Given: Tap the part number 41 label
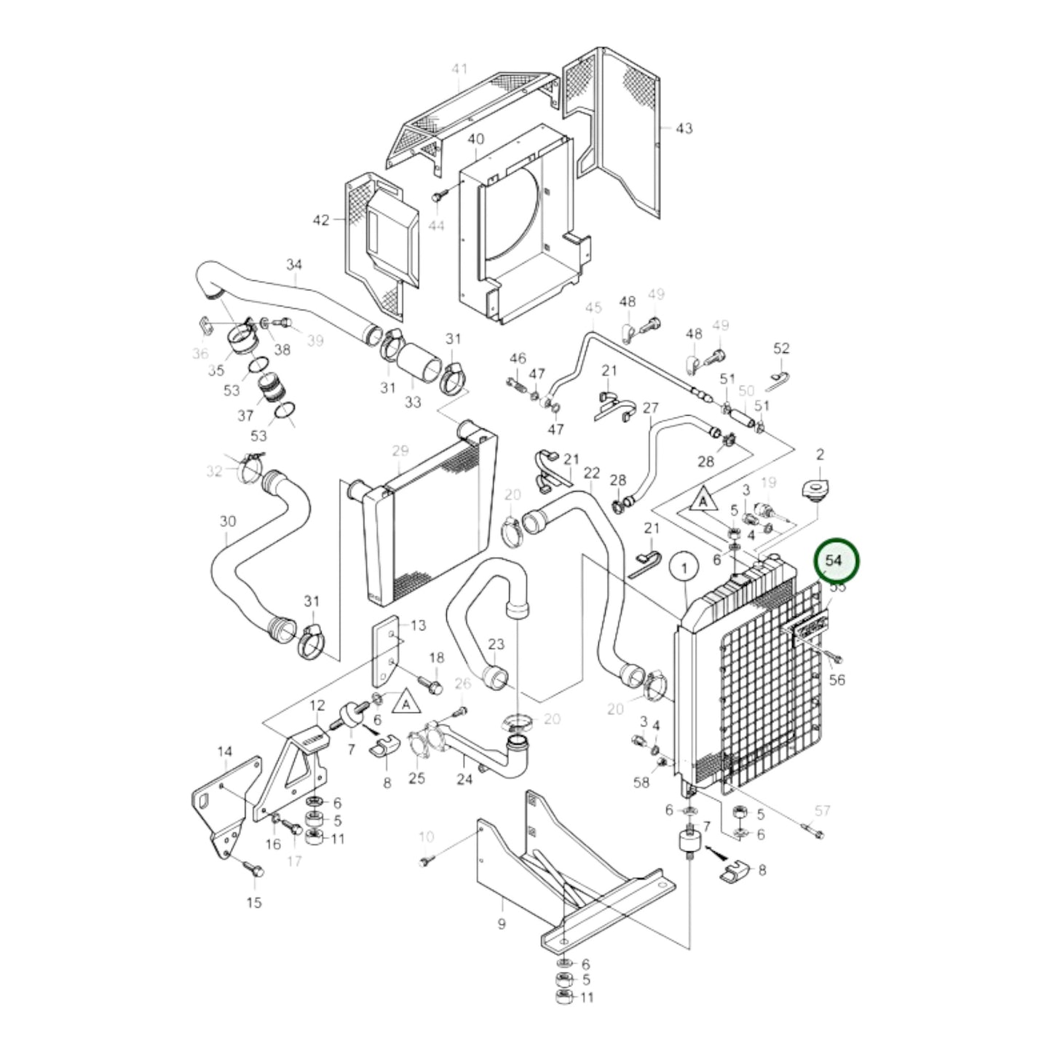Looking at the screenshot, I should pos(459,70).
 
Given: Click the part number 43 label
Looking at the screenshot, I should pos(684,128).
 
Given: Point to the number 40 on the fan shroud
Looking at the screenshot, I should pos(475,139).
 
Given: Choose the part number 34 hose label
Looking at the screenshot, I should pos(293,264).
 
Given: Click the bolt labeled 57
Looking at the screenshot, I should pos(817,834).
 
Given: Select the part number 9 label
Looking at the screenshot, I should pos(502,925).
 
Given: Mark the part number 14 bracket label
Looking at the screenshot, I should pos(225,751).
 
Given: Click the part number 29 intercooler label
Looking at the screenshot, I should pos(400,451).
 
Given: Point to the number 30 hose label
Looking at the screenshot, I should pos(228,521).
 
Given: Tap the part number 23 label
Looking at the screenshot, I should pos(496,644).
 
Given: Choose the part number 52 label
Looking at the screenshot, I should pos(781,349).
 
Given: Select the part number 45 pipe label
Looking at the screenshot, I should pos(593,308).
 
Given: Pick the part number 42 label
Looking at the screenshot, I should pos(321,220).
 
